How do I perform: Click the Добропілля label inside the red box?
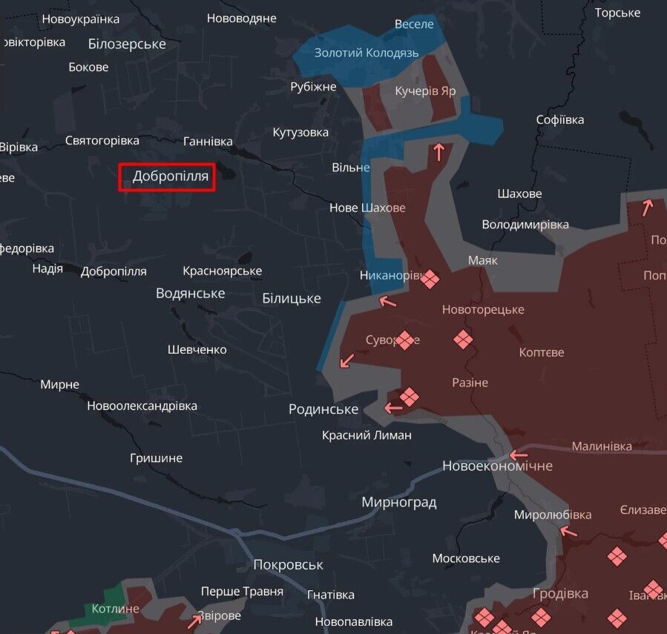point(170,176)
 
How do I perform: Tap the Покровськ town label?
point(288,564)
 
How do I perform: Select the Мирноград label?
point(399,502)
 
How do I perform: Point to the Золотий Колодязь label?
point(367,53)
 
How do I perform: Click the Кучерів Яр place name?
point(425,90)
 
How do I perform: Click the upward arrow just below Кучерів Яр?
point(438,152)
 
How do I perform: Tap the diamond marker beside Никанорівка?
point(430,277)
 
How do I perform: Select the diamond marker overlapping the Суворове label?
point(405,340)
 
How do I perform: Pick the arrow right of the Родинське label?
point(392,407)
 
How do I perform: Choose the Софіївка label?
point(560,119)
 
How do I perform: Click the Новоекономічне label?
point(497,466)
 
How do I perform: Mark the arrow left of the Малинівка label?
point(518,454)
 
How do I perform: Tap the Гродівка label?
point(560,593)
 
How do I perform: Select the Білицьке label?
point(292,298)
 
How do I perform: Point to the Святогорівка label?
point(102,140)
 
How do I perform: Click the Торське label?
point(617,13)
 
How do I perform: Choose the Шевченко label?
point(197,349)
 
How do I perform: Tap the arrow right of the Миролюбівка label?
point(568,530)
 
